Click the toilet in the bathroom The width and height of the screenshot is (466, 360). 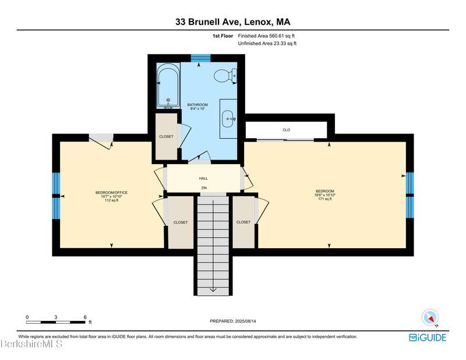(225, 76)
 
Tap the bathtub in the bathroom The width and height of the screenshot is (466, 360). (168, 86)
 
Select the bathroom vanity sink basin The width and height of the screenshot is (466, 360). (228, 119)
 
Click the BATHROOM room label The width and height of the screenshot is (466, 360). (197, 105)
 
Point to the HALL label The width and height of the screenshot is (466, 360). (203, 178)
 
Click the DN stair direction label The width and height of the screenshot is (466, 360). (204, 188)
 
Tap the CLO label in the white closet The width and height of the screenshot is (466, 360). (286, 130)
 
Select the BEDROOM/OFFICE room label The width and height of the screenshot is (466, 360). (111, 193)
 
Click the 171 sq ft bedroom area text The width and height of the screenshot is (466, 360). (325, 199)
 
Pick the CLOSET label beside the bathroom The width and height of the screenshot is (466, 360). (166, 136)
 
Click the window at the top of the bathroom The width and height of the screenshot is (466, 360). (200, 58)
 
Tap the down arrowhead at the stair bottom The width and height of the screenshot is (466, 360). (213, 290)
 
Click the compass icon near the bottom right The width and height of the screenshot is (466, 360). (430, 318)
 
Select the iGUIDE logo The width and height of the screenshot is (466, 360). (428, 338)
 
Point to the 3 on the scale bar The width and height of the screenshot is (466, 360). (55, 317)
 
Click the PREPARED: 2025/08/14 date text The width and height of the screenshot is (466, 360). (233, 321)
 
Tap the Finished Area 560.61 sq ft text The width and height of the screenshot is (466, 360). (266, 36)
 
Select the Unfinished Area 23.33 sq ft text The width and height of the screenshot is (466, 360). (267, 44)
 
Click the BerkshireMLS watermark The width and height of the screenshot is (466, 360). (31, 344)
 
